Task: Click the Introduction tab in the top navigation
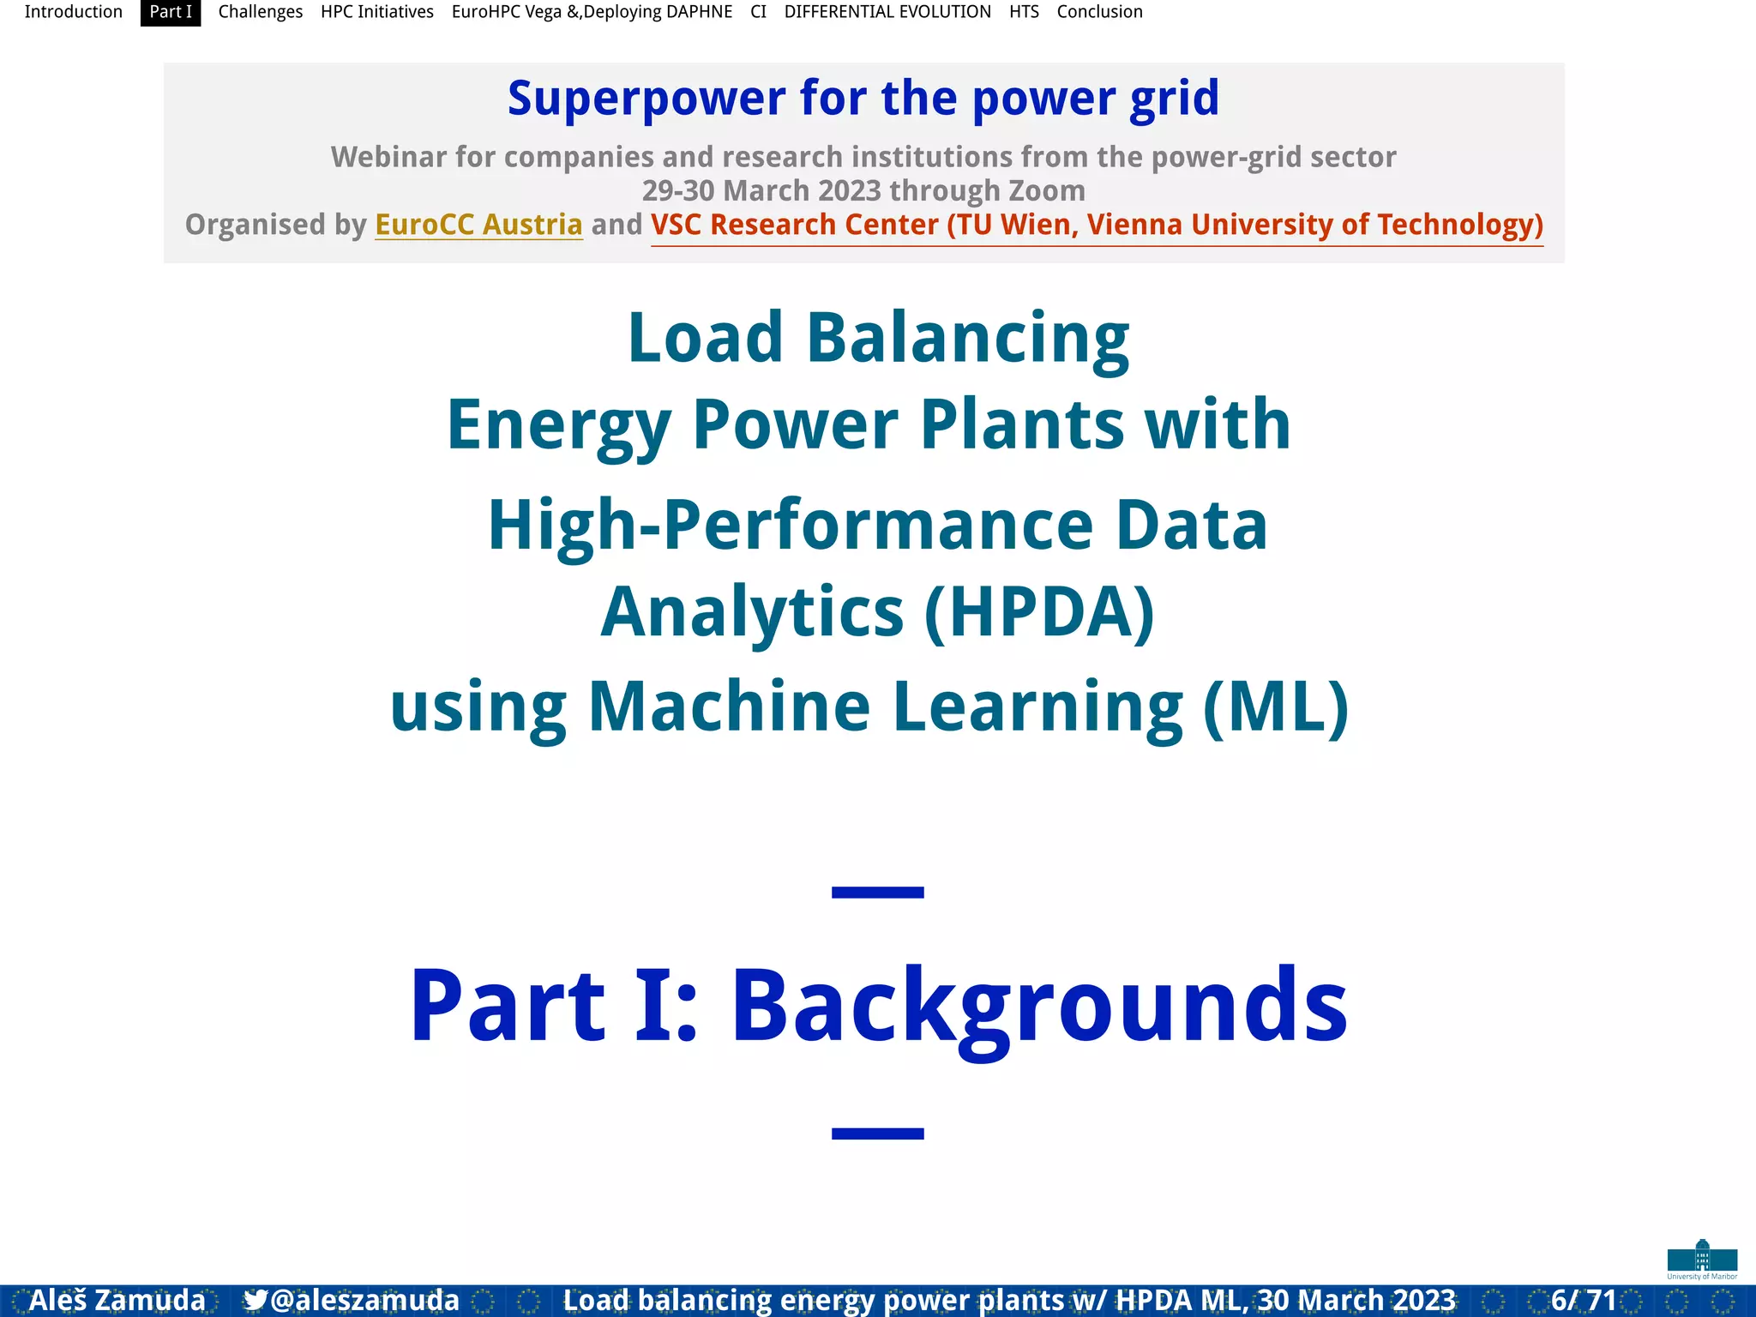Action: tap(73, 12)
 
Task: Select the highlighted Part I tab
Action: tap(171, 12)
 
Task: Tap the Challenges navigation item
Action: tap(260, 12)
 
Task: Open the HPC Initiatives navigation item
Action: tap(376, 12)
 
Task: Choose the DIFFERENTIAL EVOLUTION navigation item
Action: tap(887, 12)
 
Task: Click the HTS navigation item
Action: tap(1024, 12)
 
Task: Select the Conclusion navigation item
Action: tap(1099, 12)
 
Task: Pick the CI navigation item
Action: tap(758, 12)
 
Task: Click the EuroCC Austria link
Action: tap(478, 225)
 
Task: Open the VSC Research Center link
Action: tap(1097, 225)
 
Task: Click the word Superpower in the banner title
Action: tap(646, 99)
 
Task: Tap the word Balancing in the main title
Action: tap(967, 338)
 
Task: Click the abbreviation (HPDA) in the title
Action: tap(1039, 612)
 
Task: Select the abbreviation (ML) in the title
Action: tap(1276, 707)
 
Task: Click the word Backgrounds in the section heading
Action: tap(1039, 1005)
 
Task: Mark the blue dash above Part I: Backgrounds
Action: tap(877, 893)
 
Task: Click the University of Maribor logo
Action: tap(1702, 1259)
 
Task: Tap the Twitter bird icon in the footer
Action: tap(255, 1300)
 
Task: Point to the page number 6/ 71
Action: tap(1584, 1300)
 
